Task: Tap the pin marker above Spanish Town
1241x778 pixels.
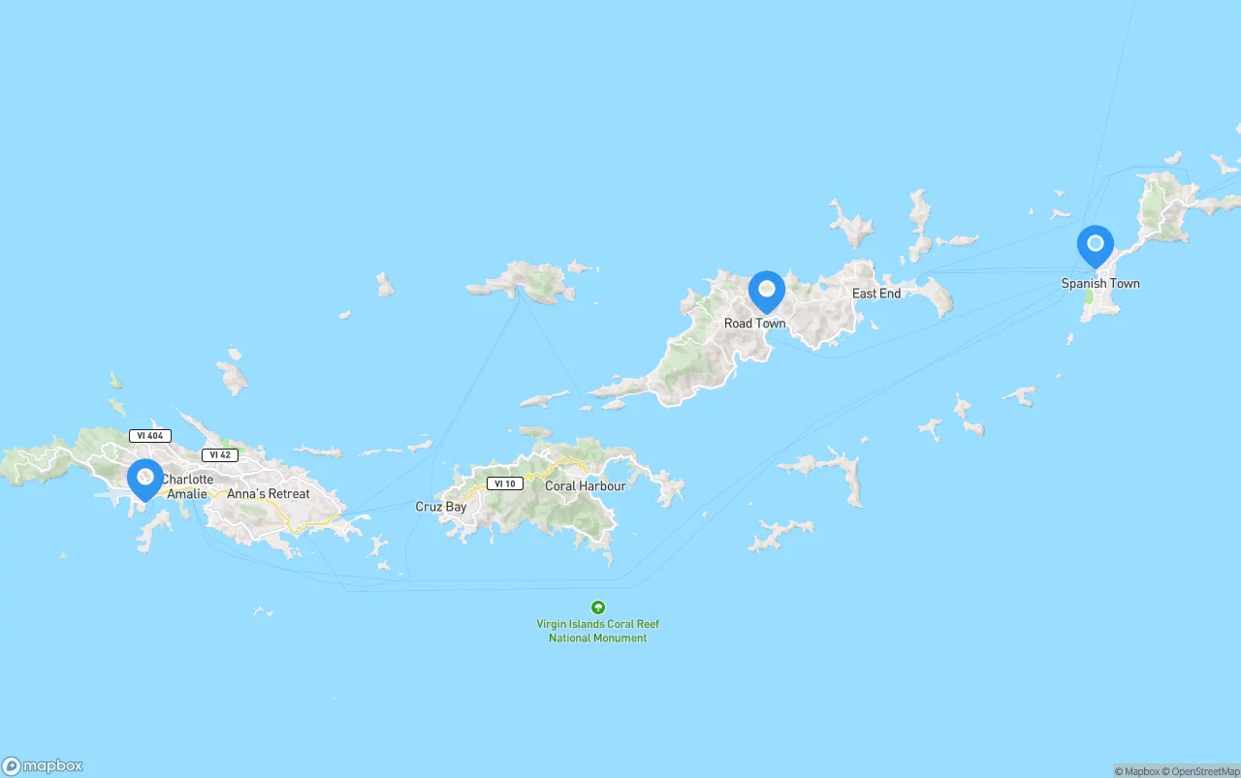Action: pyautogui.click(x=1096, y=245)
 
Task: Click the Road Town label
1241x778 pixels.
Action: pyautogui.click(x=755, y=324)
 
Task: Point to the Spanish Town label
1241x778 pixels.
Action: pyautogui.click(x=1100, y=284)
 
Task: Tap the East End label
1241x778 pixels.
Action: pyautogui.click(x=876, y=294)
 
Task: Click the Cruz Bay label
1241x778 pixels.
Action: pyautogui.click(x=441, y=507)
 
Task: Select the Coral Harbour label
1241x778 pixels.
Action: pyautogui.click(x=586, y=486)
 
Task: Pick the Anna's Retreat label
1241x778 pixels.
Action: pyautogui.click(x=269, y=494)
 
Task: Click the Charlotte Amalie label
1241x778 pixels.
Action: pyautogui.click(x=187, y=486)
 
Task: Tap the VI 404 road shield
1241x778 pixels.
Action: pyautogui.click(x=150, y=436)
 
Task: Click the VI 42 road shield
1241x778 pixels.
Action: pyautogui.click(x=220, y=455)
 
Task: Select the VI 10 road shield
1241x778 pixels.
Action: pyautogui.click(x=504, y=483)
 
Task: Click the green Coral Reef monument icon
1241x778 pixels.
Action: pyautogui.click(x=598, y=607)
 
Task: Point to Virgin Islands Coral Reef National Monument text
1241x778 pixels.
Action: pyautogui.click(x=598, y=632)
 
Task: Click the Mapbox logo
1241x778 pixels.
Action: pyautogui.click(x=43, y=766)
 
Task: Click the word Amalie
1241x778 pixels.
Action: pyautogui.click(x=187, y=494)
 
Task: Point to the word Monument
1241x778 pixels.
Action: pyautogui.click(x=622, y=638)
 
